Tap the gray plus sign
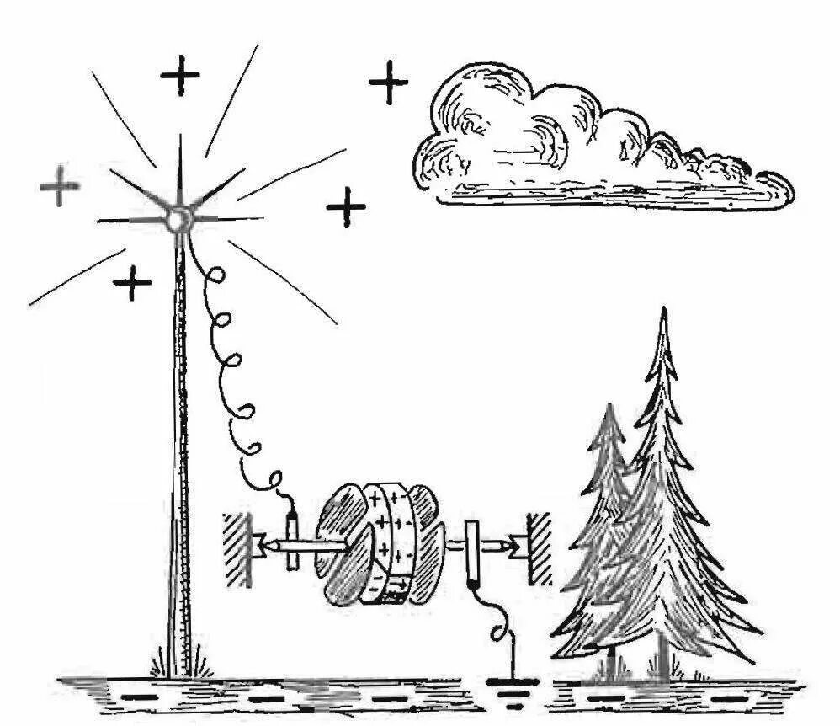(x=60, y=186)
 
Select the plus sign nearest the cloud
(x=388, y=83)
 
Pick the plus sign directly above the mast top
(x=180, y=77)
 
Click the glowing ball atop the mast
(x=178, y=220)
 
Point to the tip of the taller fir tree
(x=664, y=313)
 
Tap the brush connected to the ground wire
(x=472, y=553)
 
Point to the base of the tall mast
(x=180, y=665)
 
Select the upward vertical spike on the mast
(x=179, y=164)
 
